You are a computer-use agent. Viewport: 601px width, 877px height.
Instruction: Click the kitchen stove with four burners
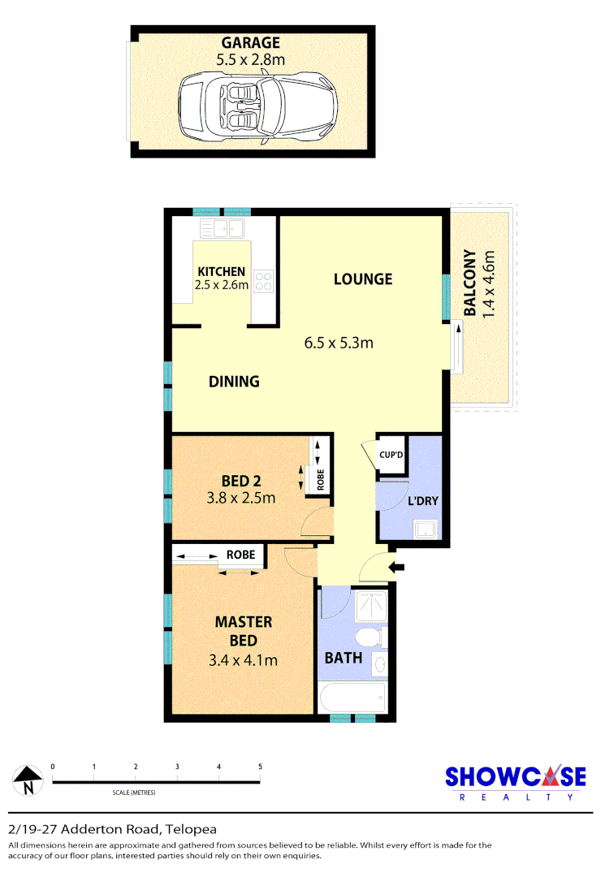point(264,281)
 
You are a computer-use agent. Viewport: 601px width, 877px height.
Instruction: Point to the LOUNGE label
point(363,279)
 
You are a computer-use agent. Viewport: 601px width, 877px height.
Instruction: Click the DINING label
point(234,381)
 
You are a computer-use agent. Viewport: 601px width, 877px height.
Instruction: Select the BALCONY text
point(470,282)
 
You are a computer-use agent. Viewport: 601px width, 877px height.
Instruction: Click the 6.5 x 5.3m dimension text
point(339,342)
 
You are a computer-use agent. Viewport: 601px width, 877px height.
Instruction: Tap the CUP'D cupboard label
point(391,456)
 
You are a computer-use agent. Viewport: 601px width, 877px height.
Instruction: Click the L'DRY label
point(422,501)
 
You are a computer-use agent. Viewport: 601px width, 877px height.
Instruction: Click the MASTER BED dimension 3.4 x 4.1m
point(243,660)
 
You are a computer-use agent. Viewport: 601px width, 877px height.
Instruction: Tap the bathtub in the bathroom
point(352,698)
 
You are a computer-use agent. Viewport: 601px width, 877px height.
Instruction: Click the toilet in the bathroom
point(370,637)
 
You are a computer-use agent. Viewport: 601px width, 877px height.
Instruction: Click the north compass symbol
point(28,781)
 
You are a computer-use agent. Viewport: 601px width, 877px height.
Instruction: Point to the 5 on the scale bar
point(260,767)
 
